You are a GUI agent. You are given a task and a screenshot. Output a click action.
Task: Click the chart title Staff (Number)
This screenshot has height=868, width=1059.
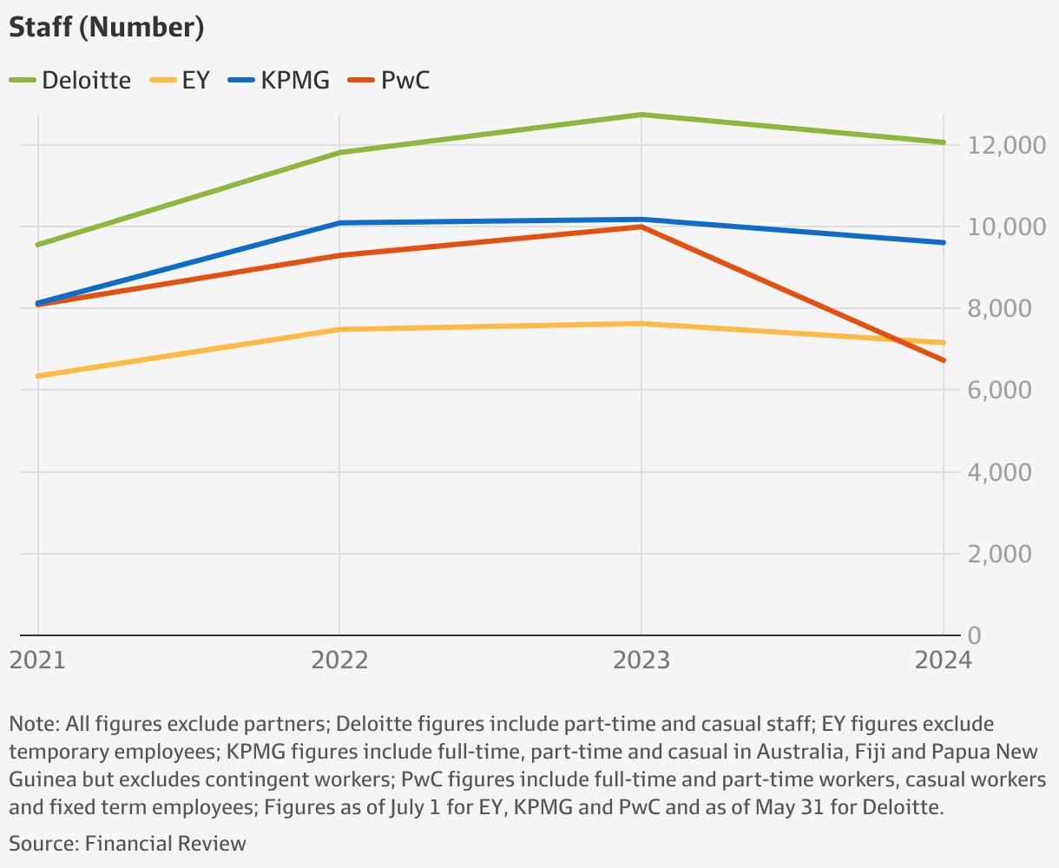coord(107,28)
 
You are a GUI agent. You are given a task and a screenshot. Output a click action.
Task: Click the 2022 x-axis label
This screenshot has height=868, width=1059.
coord(339,661)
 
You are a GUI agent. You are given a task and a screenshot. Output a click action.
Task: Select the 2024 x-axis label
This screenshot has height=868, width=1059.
coord(942,661)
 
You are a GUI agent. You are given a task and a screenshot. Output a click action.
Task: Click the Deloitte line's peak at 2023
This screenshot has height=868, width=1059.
coord(641,115)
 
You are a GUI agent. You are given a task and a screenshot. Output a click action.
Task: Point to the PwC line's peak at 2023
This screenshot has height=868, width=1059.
coord(641,227)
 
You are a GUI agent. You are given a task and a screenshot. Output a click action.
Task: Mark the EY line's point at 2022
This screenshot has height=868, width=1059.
coord(339,329)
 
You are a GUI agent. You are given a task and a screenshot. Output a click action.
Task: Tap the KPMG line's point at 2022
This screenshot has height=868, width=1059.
coord(339,223)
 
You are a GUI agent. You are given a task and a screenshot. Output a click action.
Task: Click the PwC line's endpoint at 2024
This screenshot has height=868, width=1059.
coord(944,360)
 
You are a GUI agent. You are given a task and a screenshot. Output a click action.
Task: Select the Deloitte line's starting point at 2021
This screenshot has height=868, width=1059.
coord(38,245)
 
